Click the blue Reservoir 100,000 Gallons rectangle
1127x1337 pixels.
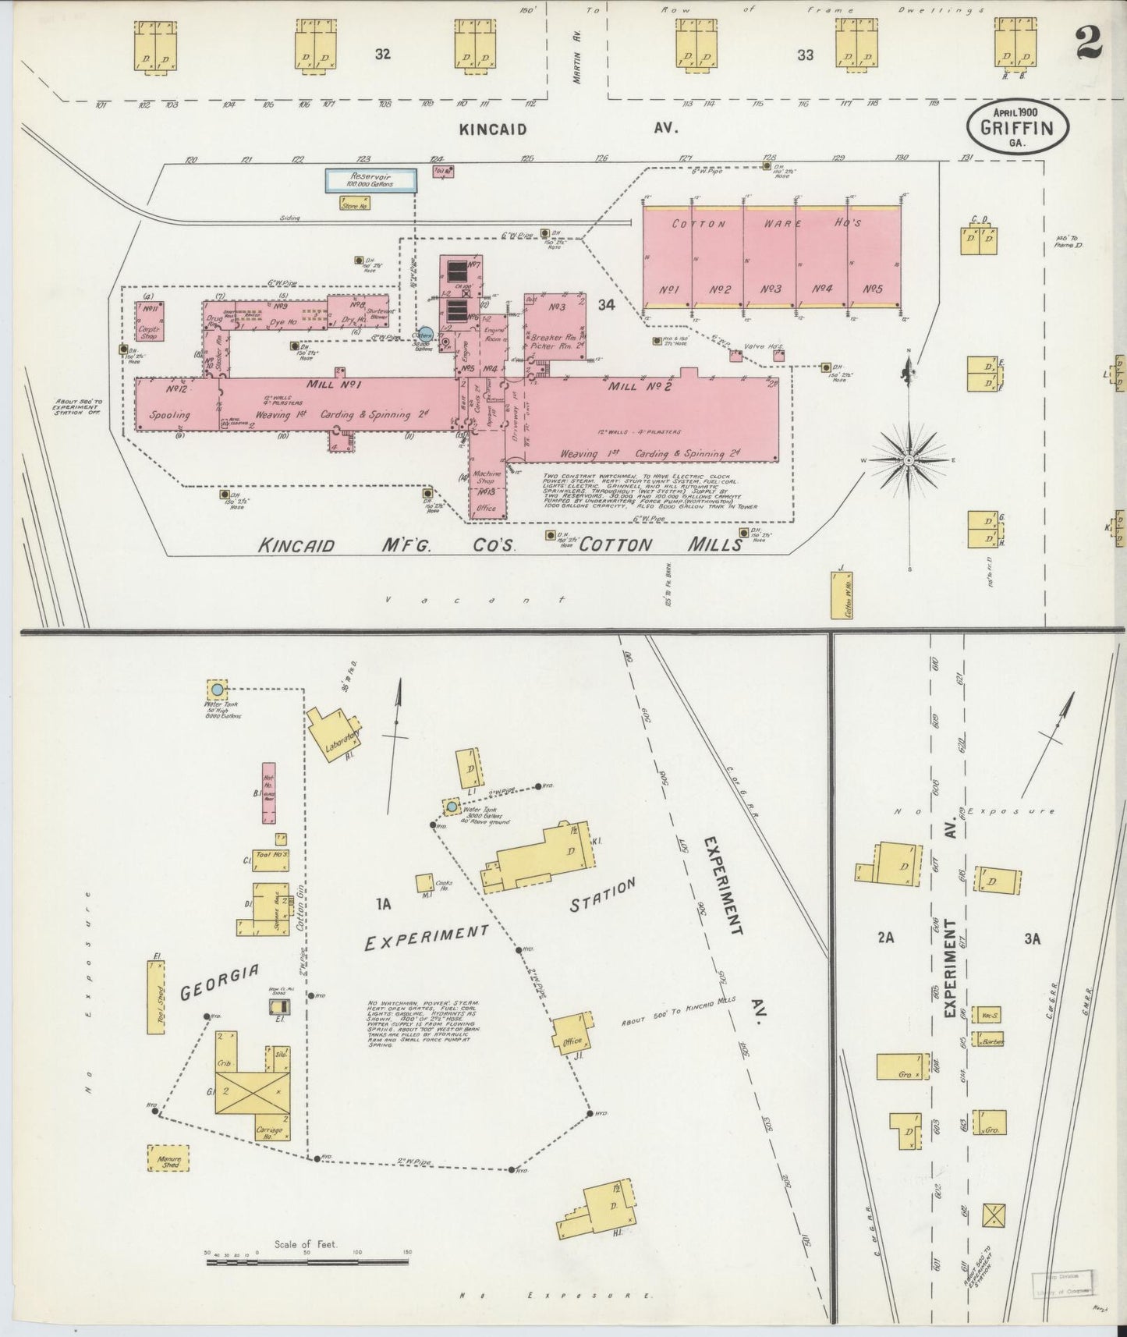click(x=370, y=181)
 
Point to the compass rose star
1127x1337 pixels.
click(x=909, y=461)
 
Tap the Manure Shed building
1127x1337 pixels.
click(x=168, y=1158)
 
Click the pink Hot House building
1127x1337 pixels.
click(x=268, y=793)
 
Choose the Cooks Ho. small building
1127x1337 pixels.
click(x=424, y=882)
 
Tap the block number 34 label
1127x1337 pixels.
click(x=607, y=305)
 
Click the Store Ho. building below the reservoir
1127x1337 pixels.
click(x=355, y=203)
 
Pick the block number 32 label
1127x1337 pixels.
click(x=382, y=55)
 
